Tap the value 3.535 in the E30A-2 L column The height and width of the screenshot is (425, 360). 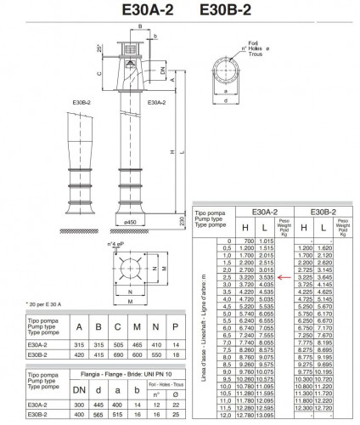click(265, 277)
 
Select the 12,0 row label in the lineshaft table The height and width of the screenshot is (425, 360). click(225, 416)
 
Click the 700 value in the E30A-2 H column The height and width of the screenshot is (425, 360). click(246, 241)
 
